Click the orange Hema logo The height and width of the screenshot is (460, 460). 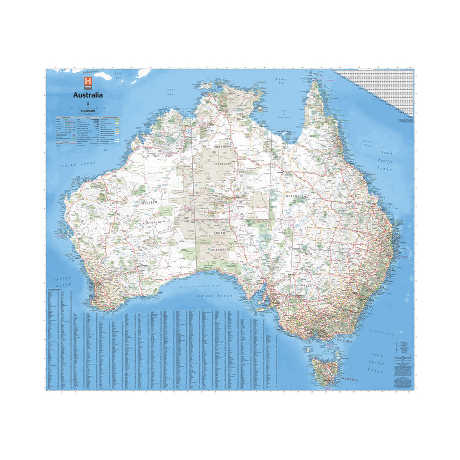click(x=88, y=83)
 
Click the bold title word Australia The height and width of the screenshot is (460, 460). click(x=88, y=95)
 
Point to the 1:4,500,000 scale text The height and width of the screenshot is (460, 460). click(x=88, y=110)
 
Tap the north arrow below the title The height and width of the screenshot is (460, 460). click(x=88, y=103)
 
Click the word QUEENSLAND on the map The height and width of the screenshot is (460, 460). click(x=297, y=196)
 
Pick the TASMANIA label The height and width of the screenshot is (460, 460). click(x=348, y=379)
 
